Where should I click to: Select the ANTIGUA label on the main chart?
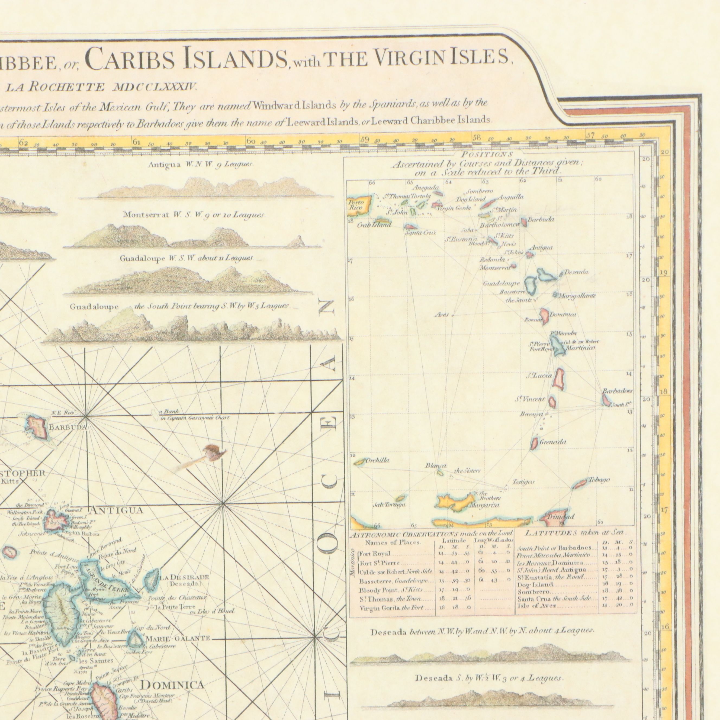(116, 510)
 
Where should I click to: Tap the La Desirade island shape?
(152, 579)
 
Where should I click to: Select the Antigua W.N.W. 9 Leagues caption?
(201, 164)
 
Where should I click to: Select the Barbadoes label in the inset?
(617, 391)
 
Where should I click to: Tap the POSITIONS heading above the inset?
(487, 154)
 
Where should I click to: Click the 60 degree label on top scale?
(250, 142)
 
